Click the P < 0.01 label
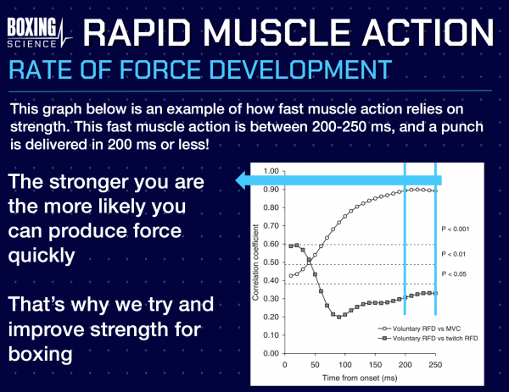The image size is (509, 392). click(x=461, y=253)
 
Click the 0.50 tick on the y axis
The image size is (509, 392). click(x=271, y=262)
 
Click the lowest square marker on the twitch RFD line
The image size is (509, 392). click(x=338, y=317)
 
